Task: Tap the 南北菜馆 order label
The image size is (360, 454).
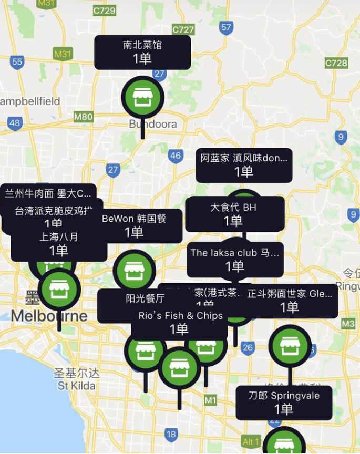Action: (x=142, y=52)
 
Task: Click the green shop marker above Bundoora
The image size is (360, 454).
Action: (x=142, y=98)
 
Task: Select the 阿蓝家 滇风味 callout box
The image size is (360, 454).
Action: (x=244, y=165)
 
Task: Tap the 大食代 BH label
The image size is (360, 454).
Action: (x=234, y=213)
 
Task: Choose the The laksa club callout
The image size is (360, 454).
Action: (x=235, y=259)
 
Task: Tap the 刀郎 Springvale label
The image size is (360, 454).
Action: (x=284, y=403)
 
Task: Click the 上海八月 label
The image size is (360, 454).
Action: (x=59, y=244)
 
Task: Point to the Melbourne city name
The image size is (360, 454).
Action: (x=49, y=316)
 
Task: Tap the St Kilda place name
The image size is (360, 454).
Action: (x=77, y=386)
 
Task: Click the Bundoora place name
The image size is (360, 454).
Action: (x=153, y=125)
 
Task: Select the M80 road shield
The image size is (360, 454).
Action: (x=84, y=117)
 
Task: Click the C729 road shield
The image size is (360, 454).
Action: (x=104, y=10)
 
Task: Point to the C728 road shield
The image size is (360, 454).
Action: (x=336, y=63)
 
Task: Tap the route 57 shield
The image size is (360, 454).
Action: (x=227, y=27)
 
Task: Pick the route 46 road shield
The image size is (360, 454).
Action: (x=175, y=156)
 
